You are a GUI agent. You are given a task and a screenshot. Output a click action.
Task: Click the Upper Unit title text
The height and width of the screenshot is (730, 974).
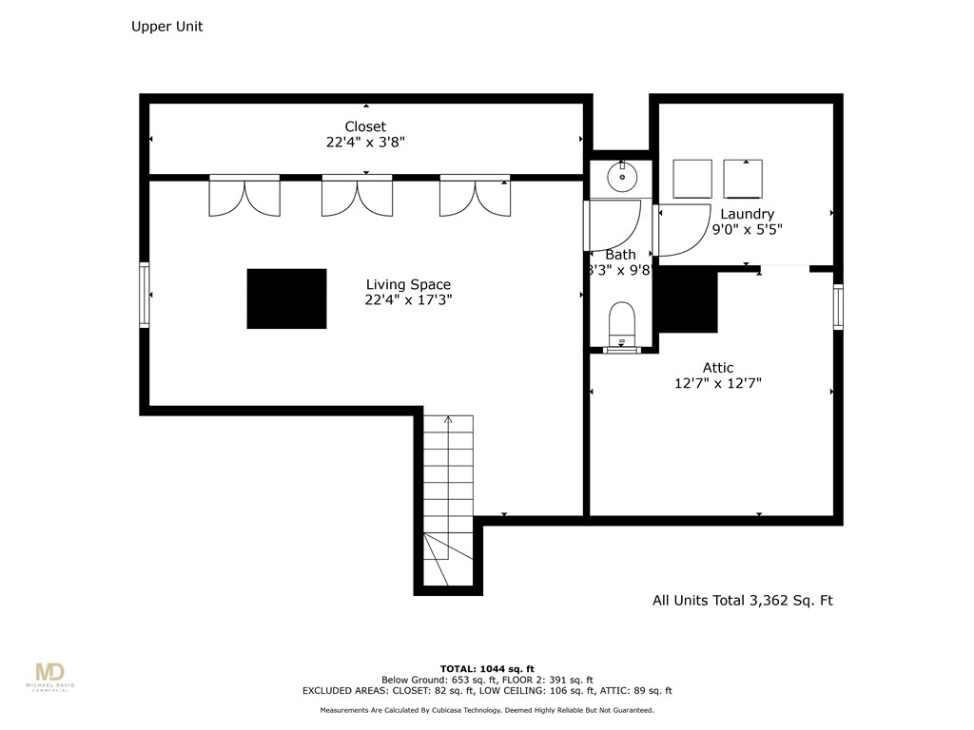tap(166, 27)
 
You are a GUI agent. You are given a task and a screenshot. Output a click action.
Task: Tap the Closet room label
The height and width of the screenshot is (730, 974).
tap(365, 126)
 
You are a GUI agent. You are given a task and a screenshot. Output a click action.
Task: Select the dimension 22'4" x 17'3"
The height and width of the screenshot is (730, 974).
tap(408, 299)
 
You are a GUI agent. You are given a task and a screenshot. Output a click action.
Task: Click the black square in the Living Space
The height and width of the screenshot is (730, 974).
tap(286, 298)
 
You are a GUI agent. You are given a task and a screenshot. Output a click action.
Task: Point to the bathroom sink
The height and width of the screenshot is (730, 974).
tap(622, 175)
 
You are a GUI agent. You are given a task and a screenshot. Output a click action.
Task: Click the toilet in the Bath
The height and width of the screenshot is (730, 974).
tap(622, 322)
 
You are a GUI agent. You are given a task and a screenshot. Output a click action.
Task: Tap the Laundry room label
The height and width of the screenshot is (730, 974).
tap(747, 214)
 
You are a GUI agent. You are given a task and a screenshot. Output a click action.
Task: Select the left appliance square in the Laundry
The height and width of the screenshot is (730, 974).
tap(692, 178)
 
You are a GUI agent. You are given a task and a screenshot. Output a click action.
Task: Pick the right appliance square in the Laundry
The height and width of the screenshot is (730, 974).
tap(743, 178)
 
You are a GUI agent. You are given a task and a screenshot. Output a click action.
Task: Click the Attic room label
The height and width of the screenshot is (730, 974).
tap(718, 368)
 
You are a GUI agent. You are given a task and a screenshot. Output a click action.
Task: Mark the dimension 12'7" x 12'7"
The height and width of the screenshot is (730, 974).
tap(718, 383)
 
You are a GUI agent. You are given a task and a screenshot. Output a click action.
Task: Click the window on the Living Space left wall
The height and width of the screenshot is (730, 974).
tap(145, 295)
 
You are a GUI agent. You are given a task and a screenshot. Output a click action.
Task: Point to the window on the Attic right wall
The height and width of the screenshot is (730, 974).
tap(838, 306)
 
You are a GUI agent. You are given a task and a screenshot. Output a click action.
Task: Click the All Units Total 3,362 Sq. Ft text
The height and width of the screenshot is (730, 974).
tap(742, 601)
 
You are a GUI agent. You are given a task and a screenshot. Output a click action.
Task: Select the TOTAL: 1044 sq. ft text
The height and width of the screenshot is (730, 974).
tap(486, 668)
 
